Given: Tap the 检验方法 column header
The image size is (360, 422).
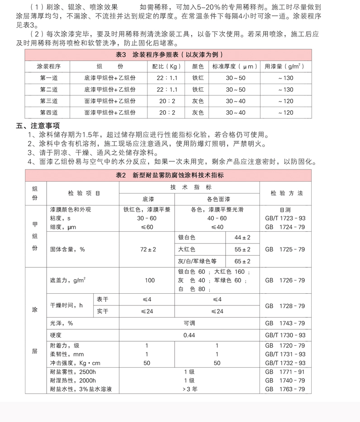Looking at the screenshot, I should (287, 193).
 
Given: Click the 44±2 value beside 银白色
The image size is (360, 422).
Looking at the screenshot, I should (242, 238).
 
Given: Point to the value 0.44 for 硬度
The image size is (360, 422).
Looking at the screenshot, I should (189, 335).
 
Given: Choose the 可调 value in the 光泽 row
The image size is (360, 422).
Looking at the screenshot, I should (189, 324).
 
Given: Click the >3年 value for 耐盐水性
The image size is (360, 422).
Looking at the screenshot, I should (189, 389).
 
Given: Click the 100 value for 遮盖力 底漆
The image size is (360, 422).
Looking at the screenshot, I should (150, 281).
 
